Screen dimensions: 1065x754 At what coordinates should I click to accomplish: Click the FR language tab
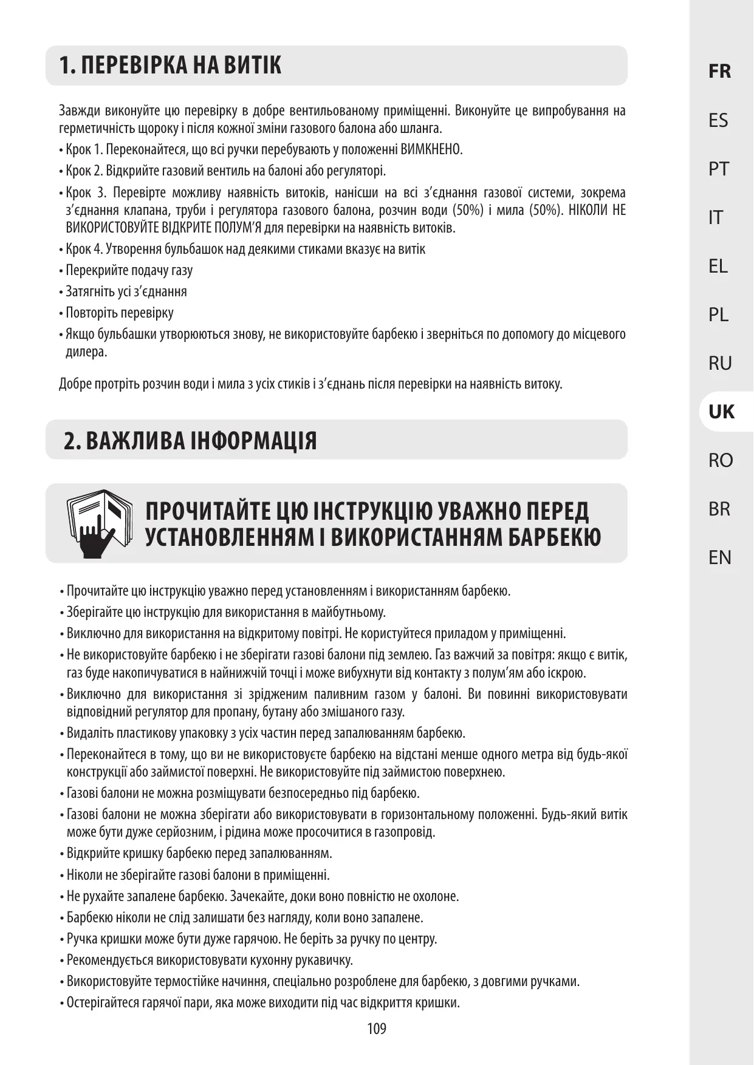(x=719, y=72)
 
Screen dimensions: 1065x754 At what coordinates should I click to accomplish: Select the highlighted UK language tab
(x=721, y=412)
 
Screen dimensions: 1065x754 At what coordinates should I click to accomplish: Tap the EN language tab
(x=719, y=557)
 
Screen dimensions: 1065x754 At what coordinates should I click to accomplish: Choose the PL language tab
(x=718, y=315)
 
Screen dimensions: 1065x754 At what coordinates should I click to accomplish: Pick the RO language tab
(x=720, y=460)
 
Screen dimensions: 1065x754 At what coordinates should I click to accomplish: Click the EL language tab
(x=718, y=266)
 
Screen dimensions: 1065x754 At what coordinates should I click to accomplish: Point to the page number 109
(x=376, y=1028)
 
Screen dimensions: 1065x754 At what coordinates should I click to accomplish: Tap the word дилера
(x=86, y=352)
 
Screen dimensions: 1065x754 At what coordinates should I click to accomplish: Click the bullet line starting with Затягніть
(x=126, y=291)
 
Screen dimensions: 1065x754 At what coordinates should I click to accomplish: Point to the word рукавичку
(x=324, y=960)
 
